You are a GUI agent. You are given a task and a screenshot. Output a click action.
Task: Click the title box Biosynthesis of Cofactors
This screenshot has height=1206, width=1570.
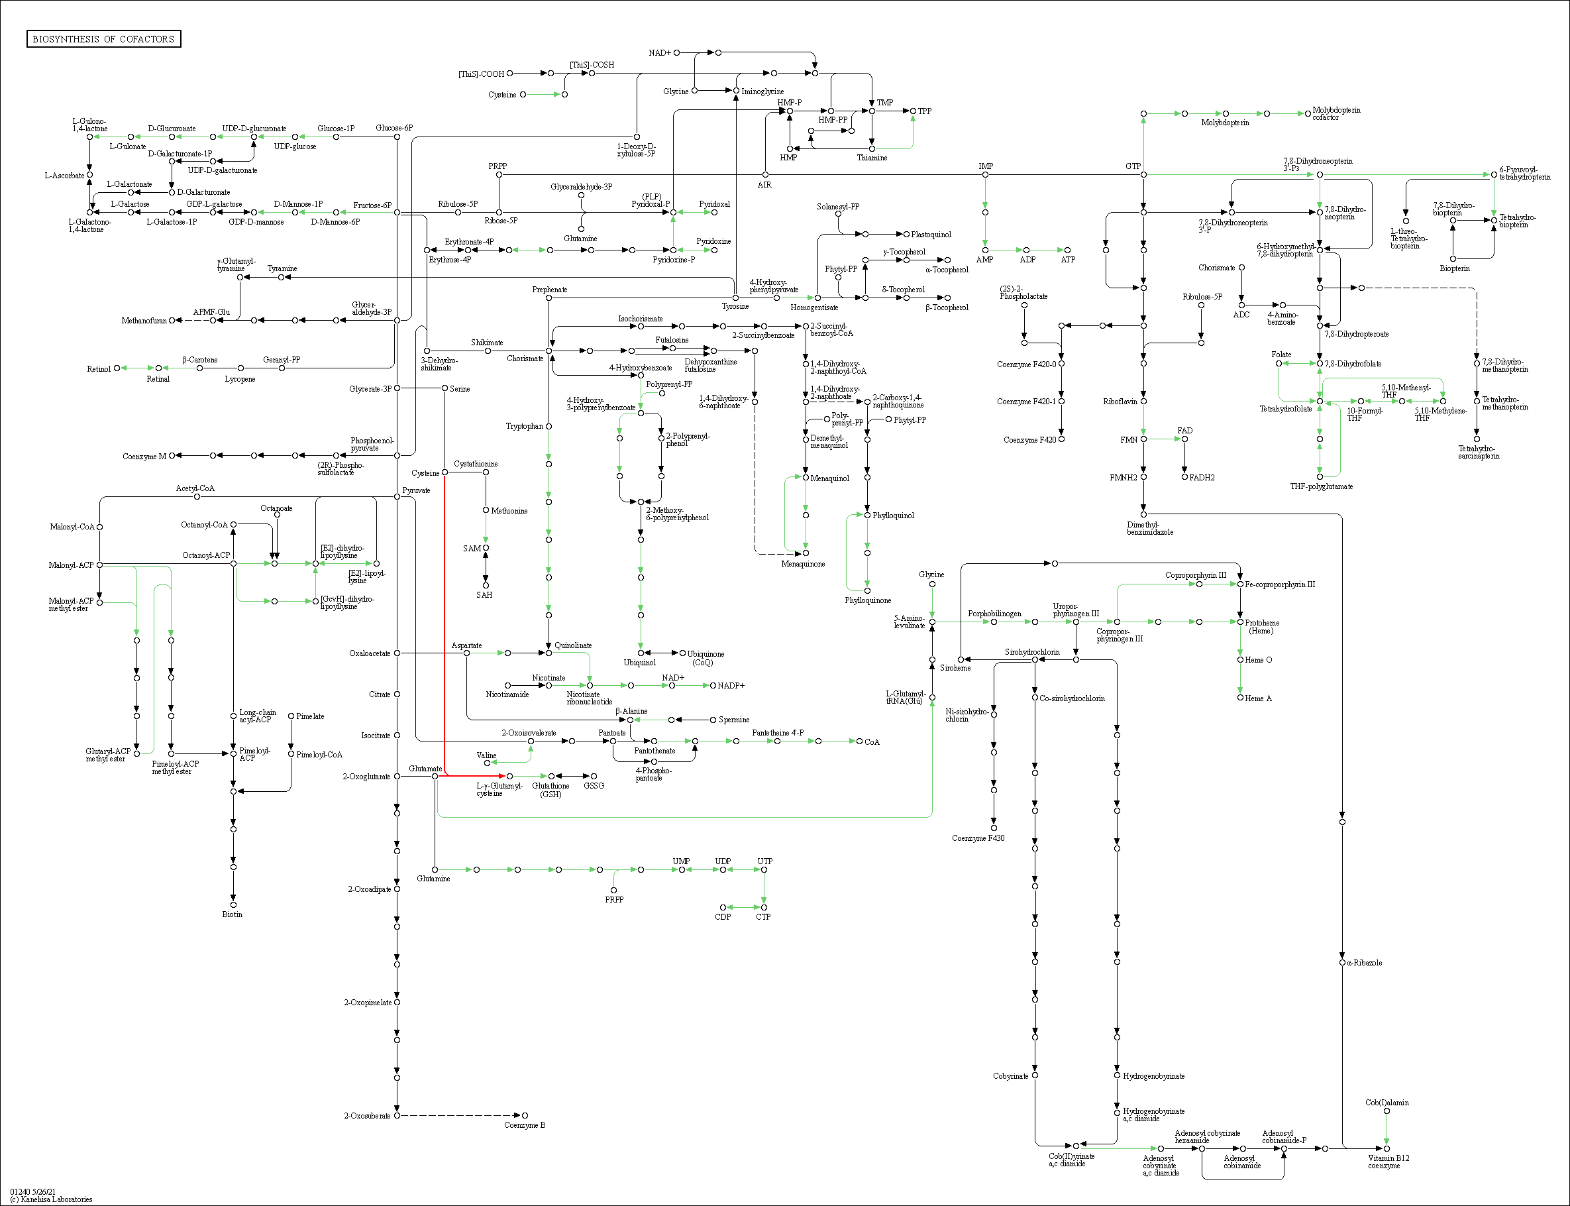[103, 38]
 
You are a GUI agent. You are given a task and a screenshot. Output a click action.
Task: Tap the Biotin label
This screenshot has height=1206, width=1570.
[232, 914]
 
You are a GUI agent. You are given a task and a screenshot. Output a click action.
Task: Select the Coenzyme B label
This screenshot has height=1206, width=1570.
[525, 1125]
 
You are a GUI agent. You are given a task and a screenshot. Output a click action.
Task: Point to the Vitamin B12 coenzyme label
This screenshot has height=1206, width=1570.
[1388, 1162]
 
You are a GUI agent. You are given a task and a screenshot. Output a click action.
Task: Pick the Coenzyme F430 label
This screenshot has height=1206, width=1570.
[977, 838]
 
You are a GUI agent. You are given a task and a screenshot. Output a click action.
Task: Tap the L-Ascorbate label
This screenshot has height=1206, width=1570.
[64, 175]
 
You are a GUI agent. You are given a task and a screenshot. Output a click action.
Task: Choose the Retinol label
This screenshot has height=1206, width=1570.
[99, 369]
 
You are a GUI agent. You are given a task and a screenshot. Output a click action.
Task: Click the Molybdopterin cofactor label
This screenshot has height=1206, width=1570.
[1335, 113]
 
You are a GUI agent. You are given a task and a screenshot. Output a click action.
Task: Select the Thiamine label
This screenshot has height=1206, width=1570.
[872, 158]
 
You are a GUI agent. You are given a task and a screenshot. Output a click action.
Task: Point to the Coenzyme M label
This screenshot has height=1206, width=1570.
[144, 457]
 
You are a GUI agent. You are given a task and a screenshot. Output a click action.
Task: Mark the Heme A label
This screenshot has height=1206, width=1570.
[1258, 698]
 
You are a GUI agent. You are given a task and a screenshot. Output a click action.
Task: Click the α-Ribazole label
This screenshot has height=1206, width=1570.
[1364, 963]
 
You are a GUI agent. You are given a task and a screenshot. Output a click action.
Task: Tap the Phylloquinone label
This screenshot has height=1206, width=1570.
[868, 600]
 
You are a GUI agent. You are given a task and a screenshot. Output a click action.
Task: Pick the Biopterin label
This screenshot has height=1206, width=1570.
[1455, 268]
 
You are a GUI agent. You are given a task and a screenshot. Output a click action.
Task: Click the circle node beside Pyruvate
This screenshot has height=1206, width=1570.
[397, 497]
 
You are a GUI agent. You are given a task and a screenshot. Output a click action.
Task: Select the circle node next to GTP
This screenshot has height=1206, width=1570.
[1143, 174]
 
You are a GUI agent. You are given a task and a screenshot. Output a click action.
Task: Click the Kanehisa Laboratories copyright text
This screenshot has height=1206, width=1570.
[51, 1199]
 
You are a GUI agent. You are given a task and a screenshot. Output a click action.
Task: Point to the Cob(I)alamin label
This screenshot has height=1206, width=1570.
[1387, 1103]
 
